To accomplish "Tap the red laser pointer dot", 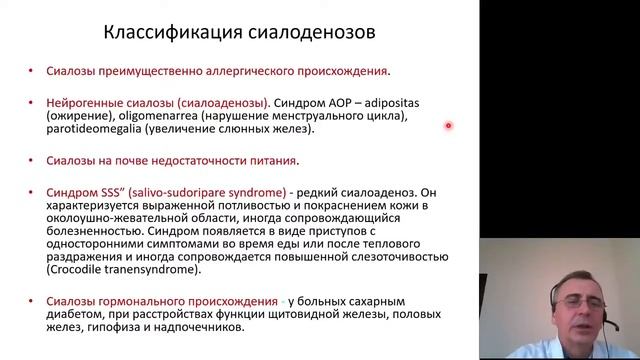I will pyautogui.click(x=448, y=125).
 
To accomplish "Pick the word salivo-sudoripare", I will pyautogui.click(x=174, y=191).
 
